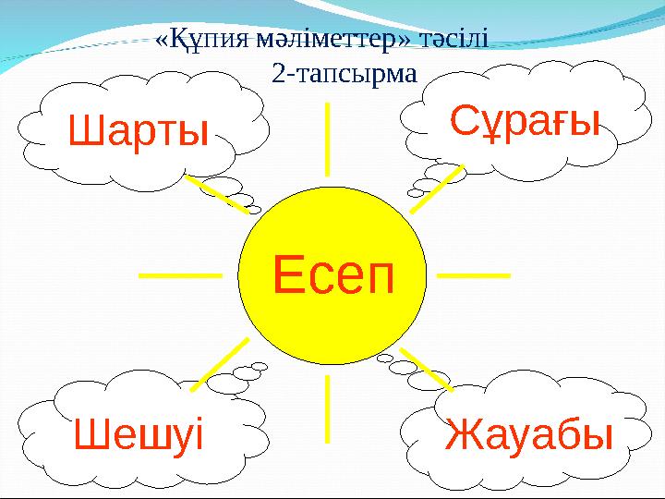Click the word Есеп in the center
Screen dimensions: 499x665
tap(332, 274)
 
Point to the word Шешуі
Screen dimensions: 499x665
tap(138, 433)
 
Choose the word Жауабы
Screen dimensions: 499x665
tap(529, 434)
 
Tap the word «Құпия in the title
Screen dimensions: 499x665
tap(197, 39)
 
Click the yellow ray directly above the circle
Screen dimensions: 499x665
tap(328, 139)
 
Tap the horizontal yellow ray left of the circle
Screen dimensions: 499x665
tap(180, 274)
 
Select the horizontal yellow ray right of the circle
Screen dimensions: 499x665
tap(471, 274)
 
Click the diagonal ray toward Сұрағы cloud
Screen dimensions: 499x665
tap(436, 190)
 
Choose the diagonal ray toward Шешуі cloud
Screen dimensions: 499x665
tap(220, 360)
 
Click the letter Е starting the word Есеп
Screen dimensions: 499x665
tap(288, 274)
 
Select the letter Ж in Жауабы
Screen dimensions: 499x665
tap(464, 434)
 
